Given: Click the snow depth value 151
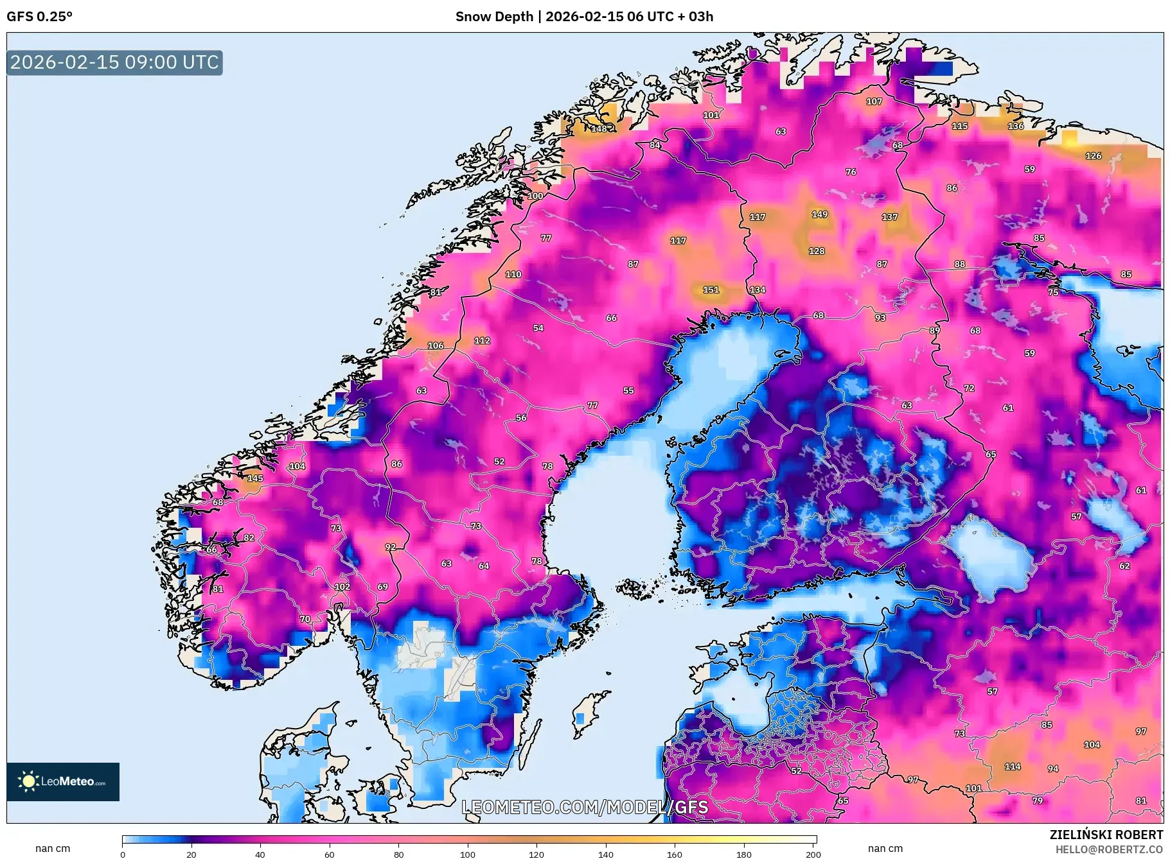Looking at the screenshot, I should [711, 290].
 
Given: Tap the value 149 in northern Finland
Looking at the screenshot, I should [819, 214].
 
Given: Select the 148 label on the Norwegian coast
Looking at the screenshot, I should [599, 129].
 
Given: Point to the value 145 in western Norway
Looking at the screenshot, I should [255, 478].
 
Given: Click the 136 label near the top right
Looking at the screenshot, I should [1016, 126].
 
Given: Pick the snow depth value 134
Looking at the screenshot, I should [758, 290].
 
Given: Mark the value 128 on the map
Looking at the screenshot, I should [816, 251].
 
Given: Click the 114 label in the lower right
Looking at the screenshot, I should [1013, 767].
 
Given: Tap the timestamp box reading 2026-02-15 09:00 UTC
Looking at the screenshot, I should [114, 62].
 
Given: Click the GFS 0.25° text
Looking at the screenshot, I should [40, 17].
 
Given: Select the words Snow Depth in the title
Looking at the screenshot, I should [494, 17].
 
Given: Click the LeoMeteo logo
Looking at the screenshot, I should [63, 781].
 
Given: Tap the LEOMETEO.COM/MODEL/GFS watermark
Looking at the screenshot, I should [585, 807].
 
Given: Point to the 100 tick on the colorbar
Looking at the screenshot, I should [468, 854].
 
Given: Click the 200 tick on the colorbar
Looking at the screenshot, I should [813, 854].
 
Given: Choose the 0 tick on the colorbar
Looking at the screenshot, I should [123, 854].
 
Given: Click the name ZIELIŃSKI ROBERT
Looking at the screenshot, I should [1106, 835].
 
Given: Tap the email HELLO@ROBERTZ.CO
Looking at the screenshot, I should [1108, 849].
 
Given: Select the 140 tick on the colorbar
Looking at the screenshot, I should [605, 854].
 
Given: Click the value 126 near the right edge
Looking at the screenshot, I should [1093, 156].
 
